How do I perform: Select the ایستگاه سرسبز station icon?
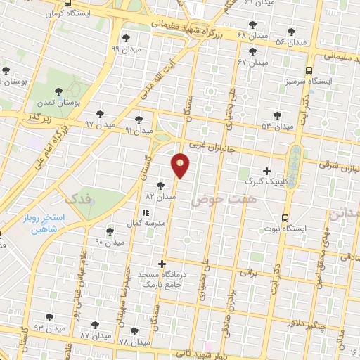point(309,70)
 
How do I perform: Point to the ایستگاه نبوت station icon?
point(285,218)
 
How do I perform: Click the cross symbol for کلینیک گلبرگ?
point(266,171)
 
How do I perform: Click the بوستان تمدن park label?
point(79,102)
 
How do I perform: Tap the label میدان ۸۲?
point(160,197)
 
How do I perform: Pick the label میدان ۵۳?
point(276,126)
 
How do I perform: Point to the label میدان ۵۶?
point(291,43)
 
